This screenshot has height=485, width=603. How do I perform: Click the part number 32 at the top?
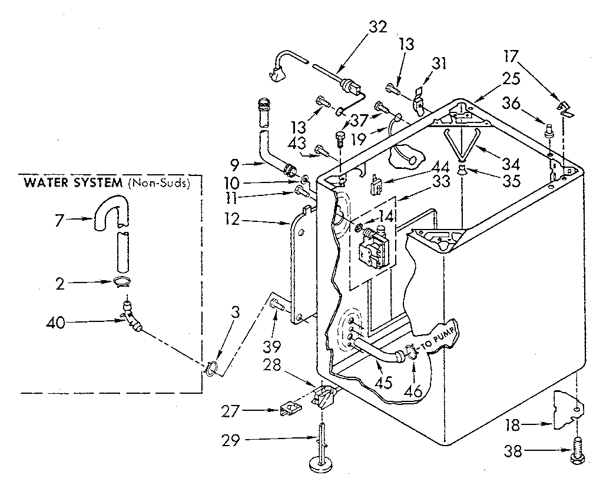point(378,26)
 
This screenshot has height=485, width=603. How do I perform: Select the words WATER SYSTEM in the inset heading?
point(72,183)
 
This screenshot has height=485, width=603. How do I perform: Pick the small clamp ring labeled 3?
point(211,370)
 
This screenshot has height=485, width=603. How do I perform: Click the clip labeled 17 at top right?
point(564,107)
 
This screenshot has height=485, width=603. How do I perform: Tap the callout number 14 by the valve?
point(386,217)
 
